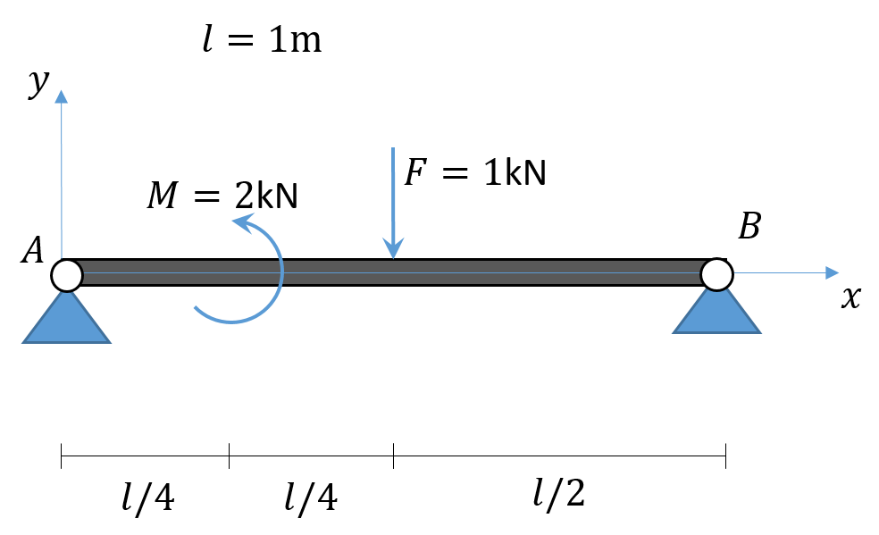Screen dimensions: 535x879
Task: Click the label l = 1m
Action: (262, 40)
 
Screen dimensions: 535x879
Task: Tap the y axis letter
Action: (38, 82)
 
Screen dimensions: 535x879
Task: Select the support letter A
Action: (33, 252)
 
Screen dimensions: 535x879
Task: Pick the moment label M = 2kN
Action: (222, 196)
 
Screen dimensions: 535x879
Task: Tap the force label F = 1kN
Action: (474, 171)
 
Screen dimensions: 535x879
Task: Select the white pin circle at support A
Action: (66, 274)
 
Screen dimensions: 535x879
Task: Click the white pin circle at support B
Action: (716, 273)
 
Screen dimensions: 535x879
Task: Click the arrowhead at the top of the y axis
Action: (62, 96)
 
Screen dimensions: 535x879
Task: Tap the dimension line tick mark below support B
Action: (725, 456)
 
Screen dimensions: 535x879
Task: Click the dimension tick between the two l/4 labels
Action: (229, 456)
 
